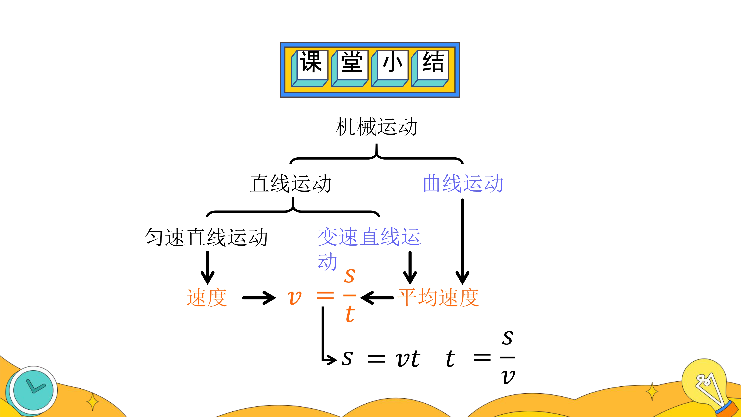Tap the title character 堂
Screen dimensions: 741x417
click(352, 62)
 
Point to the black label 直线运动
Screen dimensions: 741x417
click(291, 183)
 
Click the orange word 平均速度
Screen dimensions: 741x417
click(438, 297)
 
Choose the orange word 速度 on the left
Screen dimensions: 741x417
click(207, 297)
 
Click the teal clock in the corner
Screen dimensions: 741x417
click(33, 391)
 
